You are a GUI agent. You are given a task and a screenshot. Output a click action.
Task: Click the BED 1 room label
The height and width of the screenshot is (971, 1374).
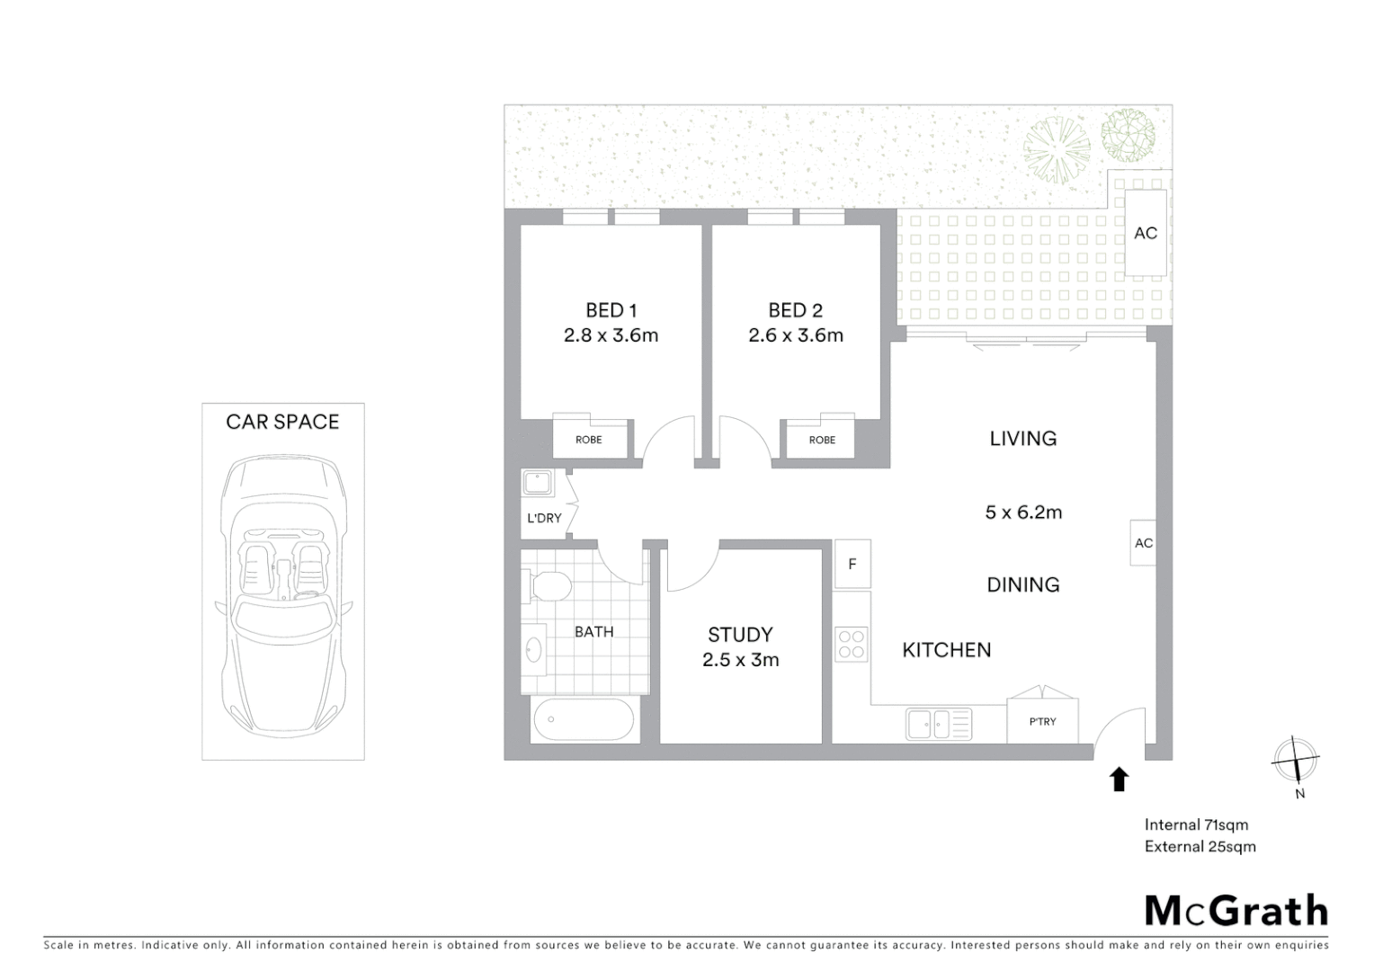pos(611,310)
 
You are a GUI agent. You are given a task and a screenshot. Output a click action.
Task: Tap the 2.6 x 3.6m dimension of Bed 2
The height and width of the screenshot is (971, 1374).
pos(795,335)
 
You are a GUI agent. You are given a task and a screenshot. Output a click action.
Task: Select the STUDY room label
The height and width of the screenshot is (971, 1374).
pos(739,634)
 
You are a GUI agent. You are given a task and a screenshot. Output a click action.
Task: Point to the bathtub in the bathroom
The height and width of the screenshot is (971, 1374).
pos(584,720)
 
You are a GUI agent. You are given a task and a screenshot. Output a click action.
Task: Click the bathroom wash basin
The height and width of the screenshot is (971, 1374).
pos(533,649)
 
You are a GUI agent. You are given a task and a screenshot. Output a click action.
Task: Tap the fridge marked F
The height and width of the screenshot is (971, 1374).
pos(852,565)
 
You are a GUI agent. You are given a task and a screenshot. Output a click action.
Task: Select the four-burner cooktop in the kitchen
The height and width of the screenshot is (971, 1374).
pos(852,644)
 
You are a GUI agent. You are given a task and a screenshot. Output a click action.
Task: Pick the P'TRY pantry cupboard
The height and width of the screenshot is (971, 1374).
pos(1042,721)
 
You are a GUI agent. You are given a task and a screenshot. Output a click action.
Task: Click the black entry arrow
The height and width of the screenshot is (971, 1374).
pos(1119,779)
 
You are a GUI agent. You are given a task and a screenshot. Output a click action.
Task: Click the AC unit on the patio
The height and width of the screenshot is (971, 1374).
pos(1146,233)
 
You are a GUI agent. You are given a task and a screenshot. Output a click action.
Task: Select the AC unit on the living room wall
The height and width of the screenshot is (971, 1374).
pos(1143,543)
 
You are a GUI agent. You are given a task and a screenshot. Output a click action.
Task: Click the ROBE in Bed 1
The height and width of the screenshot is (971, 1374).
pos(589,440)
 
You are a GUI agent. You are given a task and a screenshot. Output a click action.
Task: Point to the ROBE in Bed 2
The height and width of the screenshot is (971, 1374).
pos(822,440)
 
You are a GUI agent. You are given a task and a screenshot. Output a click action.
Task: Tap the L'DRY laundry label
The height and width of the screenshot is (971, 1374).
pos(544,518)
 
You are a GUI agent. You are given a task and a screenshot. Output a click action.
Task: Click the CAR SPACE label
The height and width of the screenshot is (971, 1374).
pos(282,422)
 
